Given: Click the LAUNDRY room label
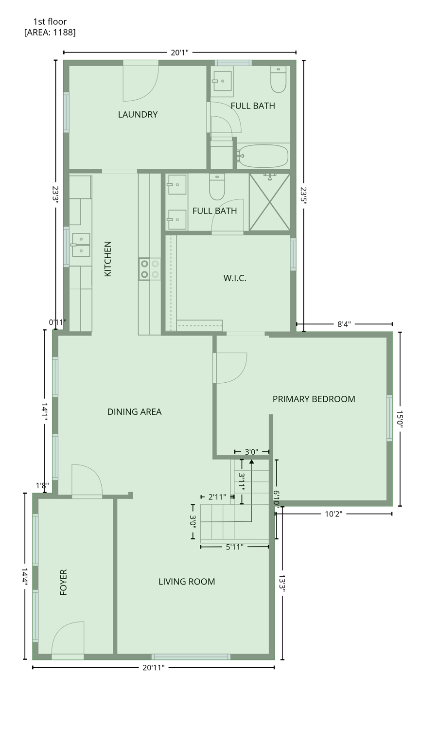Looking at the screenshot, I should click(138, 114).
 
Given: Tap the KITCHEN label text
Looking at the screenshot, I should click(108, 259).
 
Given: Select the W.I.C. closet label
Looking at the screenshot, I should click(235, 278).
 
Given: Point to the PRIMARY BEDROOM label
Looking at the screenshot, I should click(314, 399).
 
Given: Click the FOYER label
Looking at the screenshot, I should click(63, 582).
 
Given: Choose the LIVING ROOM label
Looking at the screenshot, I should click(187, 581).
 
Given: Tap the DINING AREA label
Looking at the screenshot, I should click(134, 411).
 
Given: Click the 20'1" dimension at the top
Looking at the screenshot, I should click(179, 53).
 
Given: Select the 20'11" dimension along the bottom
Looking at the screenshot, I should click(154, 668).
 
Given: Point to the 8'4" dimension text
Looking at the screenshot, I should click(344, 324).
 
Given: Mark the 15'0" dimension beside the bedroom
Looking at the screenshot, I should click(400, 419).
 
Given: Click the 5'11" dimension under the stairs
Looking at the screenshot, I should click(234, 547).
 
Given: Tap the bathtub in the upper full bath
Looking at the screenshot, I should click(263, 156).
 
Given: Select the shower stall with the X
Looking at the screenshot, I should click(269, 201).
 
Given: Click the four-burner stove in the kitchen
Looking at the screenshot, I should click(150, 269).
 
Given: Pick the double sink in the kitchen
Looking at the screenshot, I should click(81, 245).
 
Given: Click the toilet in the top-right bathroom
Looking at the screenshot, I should click(279, 80).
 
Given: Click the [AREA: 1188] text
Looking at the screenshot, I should click(50, 32).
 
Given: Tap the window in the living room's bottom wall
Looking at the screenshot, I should click(191, 657).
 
